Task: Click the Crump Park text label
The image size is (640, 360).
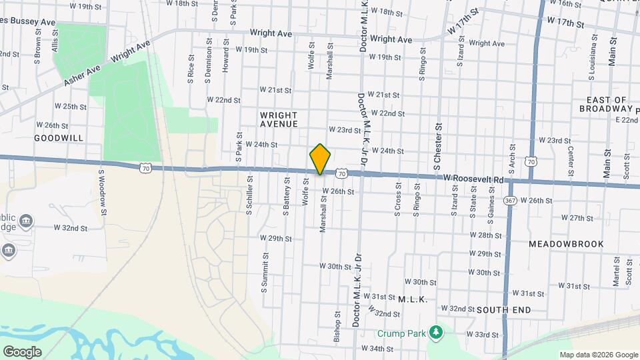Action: click(400, 333)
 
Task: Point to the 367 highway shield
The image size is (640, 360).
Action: click(510, 201)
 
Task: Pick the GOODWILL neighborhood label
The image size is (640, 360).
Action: click(59, 137)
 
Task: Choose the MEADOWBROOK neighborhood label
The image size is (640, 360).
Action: click(566, 244)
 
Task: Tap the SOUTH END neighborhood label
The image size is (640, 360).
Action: click(504, 310)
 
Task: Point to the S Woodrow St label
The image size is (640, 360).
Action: click(103, 192)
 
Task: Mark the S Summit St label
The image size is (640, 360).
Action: click(265, 273)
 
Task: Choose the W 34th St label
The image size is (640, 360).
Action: click(377, 349)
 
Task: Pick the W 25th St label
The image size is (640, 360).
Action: click(71, 107)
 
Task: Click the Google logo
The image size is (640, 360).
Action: click(22, 351)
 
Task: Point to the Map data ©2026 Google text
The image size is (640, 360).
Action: click(598, 355)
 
